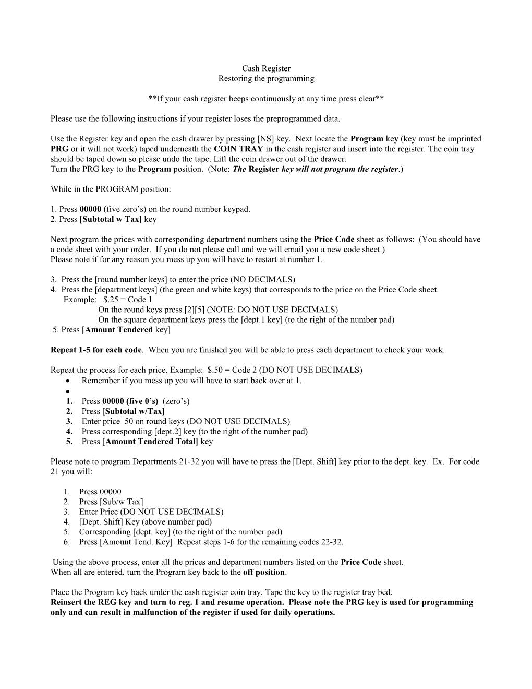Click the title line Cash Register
tap(266, 68)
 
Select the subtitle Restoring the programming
tap(266, 79)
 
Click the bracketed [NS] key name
tap(265, 139)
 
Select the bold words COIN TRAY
tap(238, 149)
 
